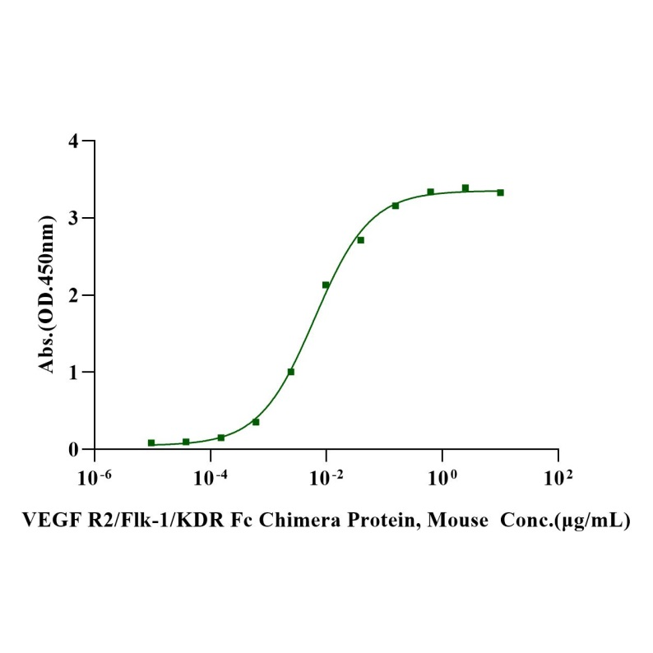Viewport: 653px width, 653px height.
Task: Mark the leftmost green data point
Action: pos(151,442)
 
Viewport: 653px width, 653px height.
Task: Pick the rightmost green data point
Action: pos(500,192)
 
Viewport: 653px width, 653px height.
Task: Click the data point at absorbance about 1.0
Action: pos(291,372)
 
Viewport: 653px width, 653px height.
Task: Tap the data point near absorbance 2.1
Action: pos(326,285)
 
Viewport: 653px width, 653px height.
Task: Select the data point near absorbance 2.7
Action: pos(360,240)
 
